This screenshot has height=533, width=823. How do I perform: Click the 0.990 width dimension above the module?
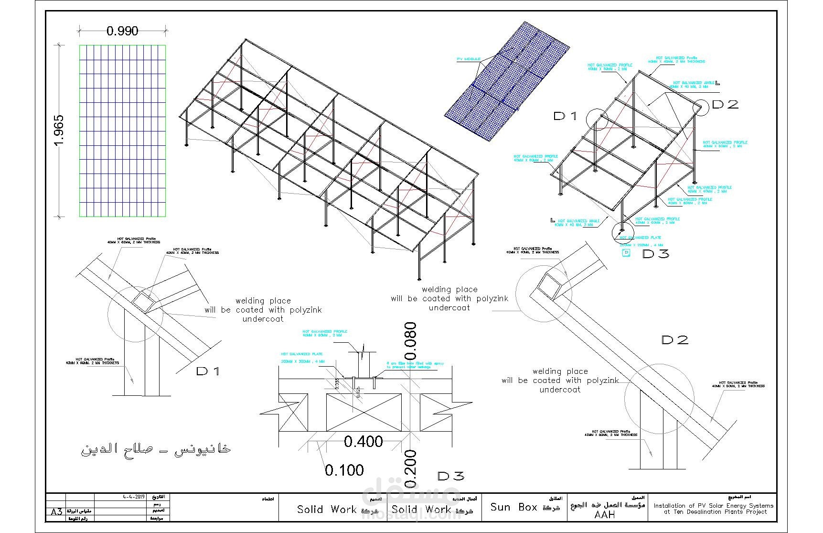122,31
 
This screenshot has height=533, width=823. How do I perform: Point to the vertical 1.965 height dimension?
59,131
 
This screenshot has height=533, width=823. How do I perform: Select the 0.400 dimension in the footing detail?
363,442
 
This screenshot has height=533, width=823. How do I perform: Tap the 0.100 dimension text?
344,470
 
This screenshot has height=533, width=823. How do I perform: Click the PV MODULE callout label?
469,59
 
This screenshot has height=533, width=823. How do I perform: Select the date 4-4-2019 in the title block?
134,497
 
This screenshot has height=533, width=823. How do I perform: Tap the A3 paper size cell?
56,512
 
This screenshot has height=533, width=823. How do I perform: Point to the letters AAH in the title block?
605,515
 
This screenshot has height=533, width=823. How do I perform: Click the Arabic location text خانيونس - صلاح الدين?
156,449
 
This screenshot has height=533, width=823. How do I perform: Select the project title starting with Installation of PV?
713,509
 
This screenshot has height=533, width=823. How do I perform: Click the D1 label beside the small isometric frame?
566,116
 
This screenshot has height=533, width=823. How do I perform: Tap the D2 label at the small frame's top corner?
725,104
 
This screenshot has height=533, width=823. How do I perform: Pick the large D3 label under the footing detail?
450,476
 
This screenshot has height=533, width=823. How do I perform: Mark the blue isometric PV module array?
507,81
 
